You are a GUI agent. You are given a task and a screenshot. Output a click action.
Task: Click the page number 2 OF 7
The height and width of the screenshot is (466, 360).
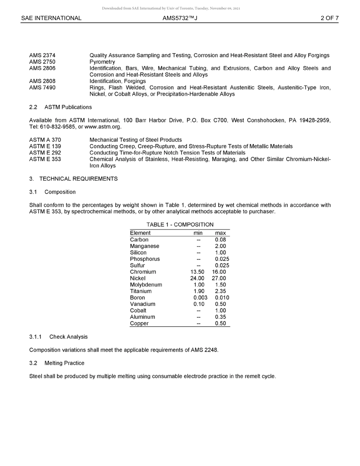click(x=329, y=18)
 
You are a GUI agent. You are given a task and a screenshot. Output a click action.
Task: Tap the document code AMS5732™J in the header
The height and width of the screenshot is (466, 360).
click(x=180, y=18)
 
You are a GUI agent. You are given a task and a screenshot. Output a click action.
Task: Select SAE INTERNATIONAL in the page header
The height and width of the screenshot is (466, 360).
click(x=51, y=18)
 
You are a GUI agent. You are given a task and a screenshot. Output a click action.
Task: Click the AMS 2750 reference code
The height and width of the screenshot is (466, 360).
click(x=42, y=62)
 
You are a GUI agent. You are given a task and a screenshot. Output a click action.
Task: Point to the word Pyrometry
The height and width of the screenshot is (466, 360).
click(x=102, y=62)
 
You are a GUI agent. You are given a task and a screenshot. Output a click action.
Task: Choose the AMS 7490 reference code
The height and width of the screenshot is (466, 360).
click(x=42, y=88)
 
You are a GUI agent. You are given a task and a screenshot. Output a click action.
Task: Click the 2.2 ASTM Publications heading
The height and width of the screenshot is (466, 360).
click(x=60, y=107)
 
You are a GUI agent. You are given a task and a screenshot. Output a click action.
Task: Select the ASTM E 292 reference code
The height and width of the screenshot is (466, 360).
click(x=45, y=153)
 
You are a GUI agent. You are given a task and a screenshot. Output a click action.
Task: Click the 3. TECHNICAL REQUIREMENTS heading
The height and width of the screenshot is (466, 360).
click(x=73, y=179)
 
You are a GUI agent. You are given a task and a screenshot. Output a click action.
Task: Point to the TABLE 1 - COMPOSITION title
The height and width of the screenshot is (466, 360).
click(x=180, y=225)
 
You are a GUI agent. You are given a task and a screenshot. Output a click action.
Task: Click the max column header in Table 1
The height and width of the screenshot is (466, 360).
click(x=220, y=233)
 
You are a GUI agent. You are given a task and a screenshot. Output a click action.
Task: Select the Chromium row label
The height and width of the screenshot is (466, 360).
click(x=143, y=272)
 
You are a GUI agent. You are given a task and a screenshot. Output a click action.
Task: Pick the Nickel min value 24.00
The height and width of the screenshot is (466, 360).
click(x=197, y=278)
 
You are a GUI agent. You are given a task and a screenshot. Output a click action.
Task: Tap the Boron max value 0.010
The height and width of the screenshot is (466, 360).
click(x=222, y=298)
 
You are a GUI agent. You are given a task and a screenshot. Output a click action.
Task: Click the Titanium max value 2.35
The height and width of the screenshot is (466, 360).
click(x=220, y=291)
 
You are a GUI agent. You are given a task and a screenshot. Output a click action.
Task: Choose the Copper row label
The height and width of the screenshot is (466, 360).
click(x=139, y=324)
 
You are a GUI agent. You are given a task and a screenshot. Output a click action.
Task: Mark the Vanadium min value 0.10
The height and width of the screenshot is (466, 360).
click(x=199, y=304)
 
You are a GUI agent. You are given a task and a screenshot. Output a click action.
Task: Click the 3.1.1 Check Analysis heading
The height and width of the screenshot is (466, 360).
click(x=58, y=337)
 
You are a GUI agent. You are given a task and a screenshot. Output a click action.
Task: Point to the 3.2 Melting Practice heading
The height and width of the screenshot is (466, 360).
click(x=57, y=363)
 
